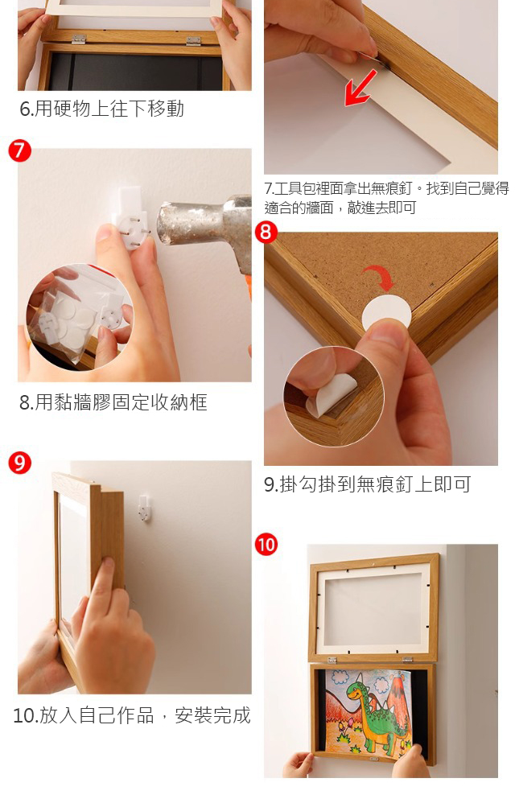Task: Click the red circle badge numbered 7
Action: coord(20,150)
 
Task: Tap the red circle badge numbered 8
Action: coord(266,233)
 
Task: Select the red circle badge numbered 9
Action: coord(20,463)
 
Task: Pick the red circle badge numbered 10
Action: coord(266,544)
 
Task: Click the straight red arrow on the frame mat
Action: coord(360,88)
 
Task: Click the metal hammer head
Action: coord(204,225)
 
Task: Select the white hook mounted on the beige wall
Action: coord(144,507)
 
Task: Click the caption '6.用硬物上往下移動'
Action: coord(101,109)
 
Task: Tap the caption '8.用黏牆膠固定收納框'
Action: coord(113,402)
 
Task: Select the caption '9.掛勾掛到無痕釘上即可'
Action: coord(367,484)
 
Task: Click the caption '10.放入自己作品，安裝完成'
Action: coord(132,715)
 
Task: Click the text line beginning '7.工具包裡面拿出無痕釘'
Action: coord(386,189)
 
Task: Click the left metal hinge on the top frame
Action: coord(78,39)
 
